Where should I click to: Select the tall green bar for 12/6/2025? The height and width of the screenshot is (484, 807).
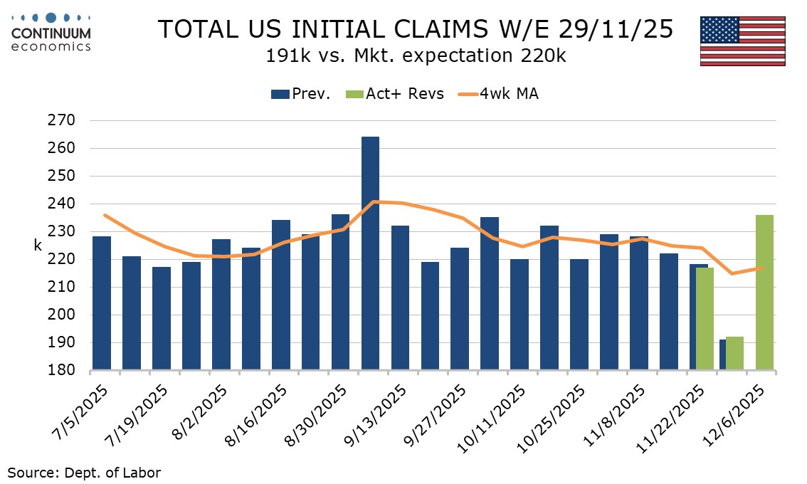tap(764, 293)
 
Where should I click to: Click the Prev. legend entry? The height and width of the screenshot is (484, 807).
tap(300, 94)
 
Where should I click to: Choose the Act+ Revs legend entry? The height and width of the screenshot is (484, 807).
tap(396, 94)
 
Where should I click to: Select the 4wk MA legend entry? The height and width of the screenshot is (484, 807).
tap(498, 94)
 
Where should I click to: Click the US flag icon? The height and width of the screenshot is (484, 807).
tap(742, 41)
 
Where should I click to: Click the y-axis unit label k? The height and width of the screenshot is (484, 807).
tap(38, 246)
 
